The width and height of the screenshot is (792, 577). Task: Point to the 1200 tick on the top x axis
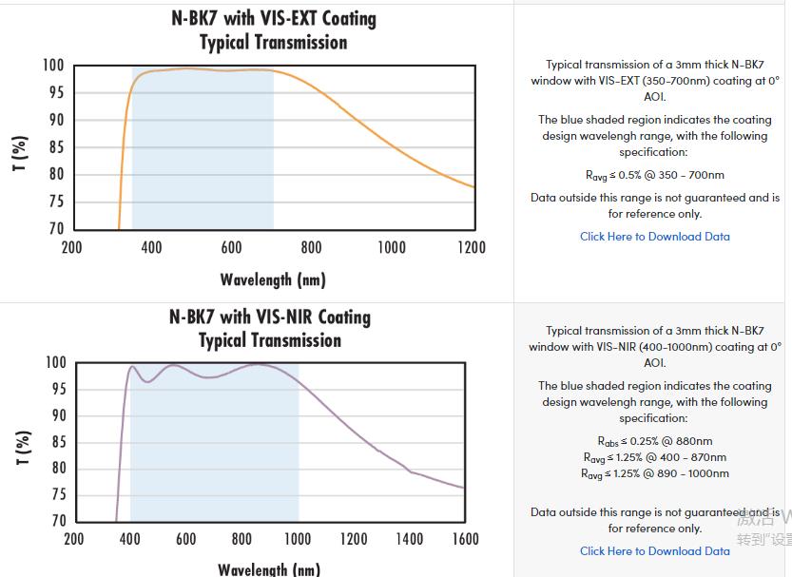click(x=471, y=248)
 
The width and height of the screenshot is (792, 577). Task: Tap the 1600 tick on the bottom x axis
click(x=464, y=539)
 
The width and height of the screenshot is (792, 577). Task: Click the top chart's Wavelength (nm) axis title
click(x=273, y=279)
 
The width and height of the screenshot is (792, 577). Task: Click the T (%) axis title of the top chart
click(x=20, y=154)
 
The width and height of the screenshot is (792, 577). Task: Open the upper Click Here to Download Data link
click(x=655, y=237)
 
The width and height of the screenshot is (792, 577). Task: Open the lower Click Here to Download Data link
click(x=655, y=551)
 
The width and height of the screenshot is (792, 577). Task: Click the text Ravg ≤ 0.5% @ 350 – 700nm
click(x=655, y=175)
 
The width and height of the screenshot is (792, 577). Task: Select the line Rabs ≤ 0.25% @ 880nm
click(x=655, y=441)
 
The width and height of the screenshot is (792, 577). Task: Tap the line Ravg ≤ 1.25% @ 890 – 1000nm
click(x=655, y=473)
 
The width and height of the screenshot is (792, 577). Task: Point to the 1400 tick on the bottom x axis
click(x=410, y=539)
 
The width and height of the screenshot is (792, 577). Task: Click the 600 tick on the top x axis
click(x=231, y=248)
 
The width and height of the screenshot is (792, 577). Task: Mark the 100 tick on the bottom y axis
click(x=55, y=363)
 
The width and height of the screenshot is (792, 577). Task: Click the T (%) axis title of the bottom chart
click(x=20, y=449)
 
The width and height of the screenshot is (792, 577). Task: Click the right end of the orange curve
click(x=474, y=187)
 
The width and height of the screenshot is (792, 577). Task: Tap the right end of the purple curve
click(x=465, y=489)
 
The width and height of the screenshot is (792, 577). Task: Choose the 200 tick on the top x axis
click(x=72, y=248)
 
